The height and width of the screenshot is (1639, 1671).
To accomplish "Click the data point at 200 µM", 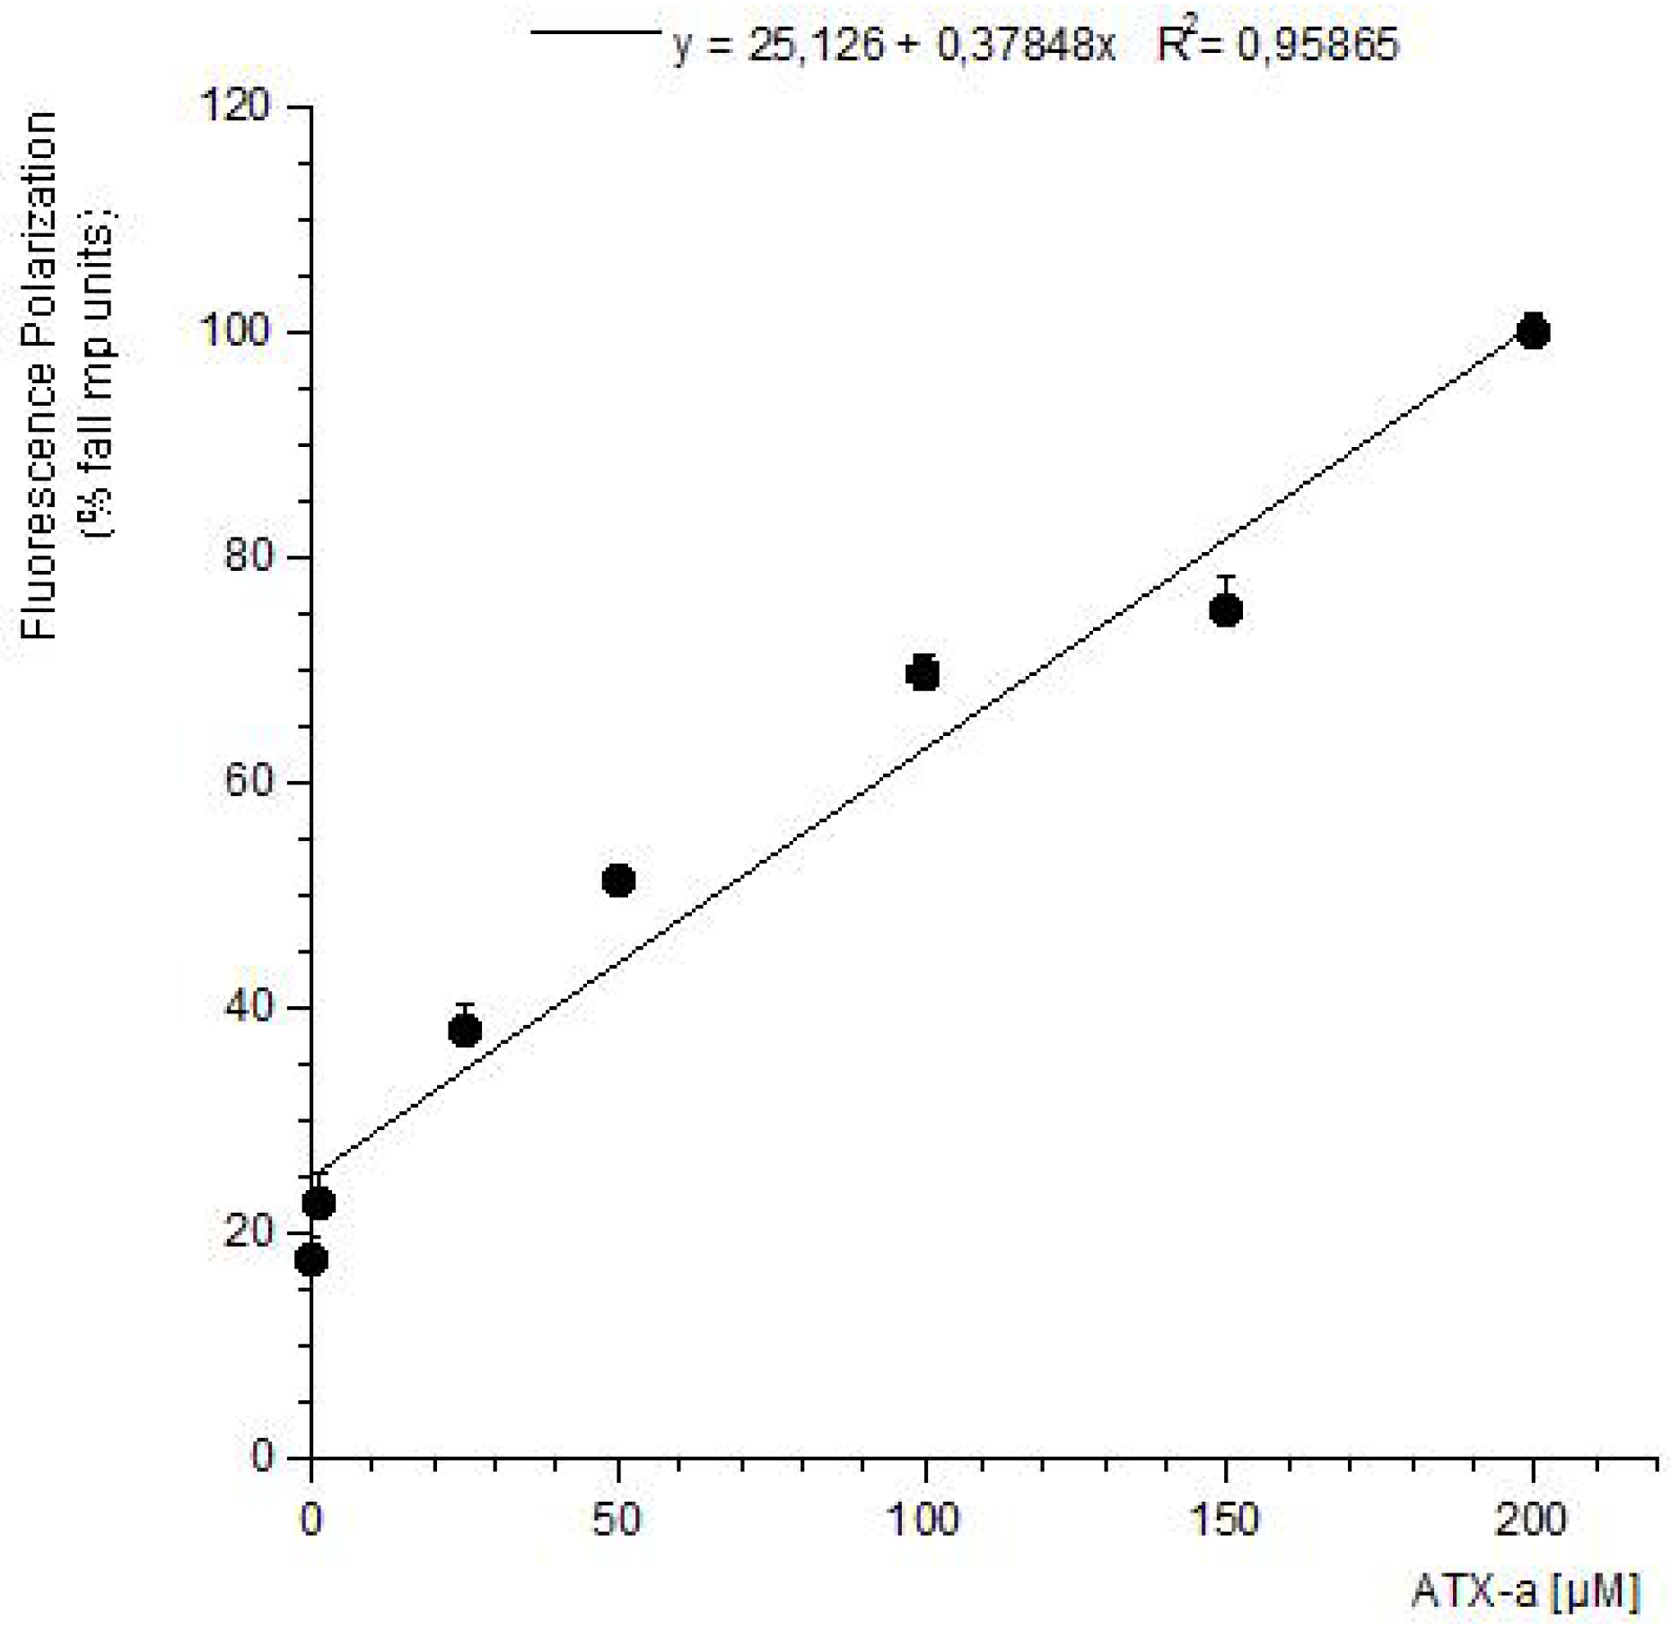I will (1533, 332).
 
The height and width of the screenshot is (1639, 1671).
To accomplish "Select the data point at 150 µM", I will (1226, 610).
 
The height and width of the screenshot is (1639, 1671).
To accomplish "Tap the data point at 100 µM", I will (923, 673).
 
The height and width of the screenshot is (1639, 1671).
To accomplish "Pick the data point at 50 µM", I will (618, 881).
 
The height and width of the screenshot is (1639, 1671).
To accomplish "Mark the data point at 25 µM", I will (464, 1030).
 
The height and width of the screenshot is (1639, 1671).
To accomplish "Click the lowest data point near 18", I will (311, 1260).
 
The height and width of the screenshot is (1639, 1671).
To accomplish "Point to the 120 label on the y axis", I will (235, 106).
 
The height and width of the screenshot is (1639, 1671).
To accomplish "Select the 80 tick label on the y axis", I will (247, 557).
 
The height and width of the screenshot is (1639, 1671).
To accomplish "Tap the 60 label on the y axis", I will (247, 781).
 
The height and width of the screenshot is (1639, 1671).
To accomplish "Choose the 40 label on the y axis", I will (247, 1006).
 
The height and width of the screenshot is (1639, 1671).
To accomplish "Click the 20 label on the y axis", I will (247, 1231).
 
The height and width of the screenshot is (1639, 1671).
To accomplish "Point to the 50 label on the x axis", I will (617, 1521).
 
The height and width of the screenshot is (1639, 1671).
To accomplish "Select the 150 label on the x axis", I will (1225, 1521).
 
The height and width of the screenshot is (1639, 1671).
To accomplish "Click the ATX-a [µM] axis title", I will (1526, 1591).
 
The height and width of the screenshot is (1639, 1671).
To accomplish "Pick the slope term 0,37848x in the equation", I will (1025, 43).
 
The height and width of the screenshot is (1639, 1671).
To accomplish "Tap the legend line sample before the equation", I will (596, 33).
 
